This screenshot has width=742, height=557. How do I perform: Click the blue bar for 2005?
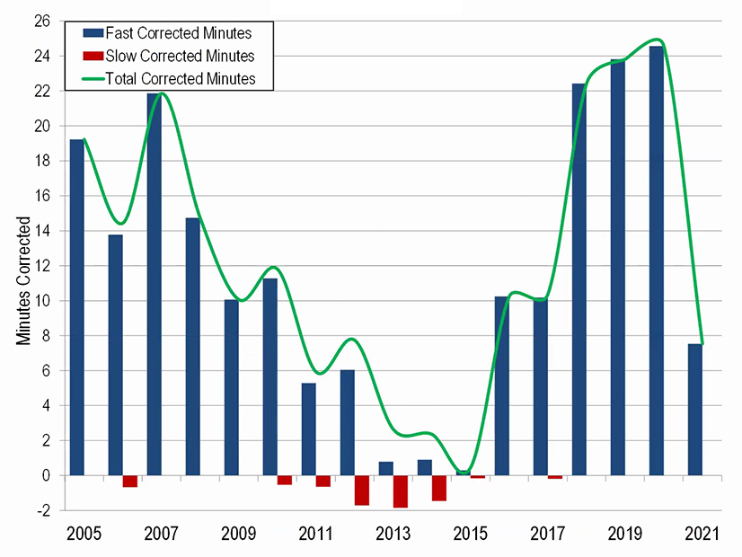tap(76, 307)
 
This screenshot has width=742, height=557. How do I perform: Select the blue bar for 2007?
tap(154, 284)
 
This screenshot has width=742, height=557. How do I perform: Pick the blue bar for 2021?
tap(695, 410)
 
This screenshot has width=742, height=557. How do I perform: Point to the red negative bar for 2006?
tap(129, 481)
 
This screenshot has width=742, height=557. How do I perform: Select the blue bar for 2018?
tap(579, 279)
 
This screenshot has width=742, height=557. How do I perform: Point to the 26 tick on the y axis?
tap(41, 21)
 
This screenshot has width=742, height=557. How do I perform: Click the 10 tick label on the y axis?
tap(41, 301)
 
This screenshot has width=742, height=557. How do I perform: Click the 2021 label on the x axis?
tap(702, 535)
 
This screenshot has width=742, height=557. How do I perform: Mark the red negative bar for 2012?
tap(361, 491)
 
